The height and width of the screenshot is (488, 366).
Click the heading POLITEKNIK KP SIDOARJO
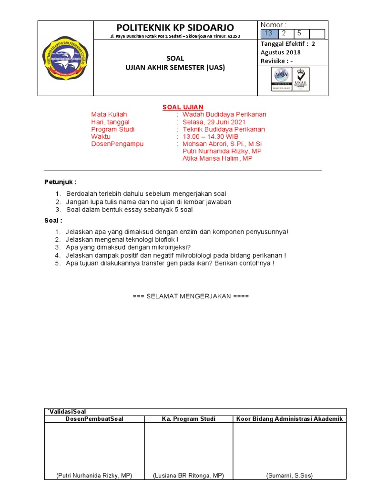175,27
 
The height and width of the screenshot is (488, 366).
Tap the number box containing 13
268,33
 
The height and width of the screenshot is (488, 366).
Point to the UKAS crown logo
300,79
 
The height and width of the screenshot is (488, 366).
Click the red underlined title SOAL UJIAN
183,107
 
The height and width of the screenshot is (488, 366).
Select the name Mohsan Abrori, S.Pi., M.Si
222,144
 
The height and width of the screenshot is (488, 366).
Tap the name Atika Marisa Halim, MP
217,158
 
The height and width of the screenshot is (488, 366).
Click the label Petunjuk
60,182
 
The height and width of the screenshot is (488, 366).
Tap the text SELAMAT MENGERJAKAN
191,296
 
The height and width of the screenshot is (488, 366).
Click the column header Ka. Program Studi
188,419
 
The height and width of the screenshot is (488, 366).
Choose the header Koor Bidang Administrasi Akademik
289,419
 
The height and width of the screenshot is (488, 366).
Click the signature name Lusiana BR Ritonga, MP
188,475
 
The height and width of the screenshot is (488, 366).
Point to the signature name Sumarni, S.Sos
289,475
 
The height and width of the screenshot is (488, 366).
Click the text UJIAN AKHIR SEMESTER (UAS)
175,68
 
